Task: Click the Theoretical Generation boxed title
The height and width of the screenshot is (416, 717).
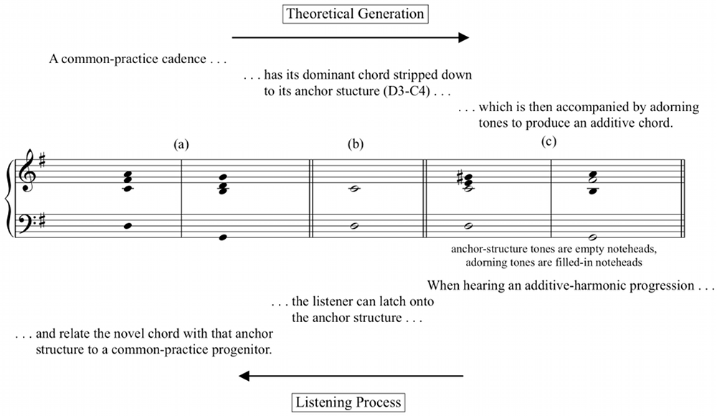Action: (356, 14)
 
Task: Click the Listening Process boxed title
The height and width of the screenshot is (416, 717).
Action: (348, 402)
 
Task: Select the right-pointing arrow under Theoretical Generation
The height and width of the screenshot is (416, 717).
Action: (351, 37)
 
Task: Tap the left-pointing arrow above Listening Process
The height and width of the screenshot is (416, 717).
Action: (351, 376)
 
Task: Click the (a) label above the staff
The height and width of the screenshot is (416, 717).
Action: (181, 145)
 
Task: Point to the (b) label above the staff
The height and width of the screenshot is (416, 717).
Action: (356, 145)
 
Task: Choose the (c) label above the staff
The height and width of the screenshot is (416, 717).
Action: (549, 142)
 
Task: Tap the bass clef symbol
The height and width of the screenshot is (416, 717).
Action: (29, 221)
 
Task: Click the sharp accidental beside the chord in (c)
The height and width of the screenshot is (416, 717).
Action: (460, 179)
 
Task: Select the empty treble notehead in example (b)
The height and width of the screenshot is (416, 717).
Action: (354, 189)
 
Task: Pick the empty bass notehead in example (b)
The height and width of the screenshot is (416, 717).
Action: (354, 226)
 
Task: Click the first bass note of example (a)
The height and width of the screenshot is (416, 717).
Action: (128, 226)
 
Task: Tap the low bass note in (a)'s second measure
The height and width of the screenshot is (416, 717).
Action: (223, 237)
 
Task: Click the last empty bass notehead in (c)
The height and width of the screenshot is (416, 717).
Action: (593, 237)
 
